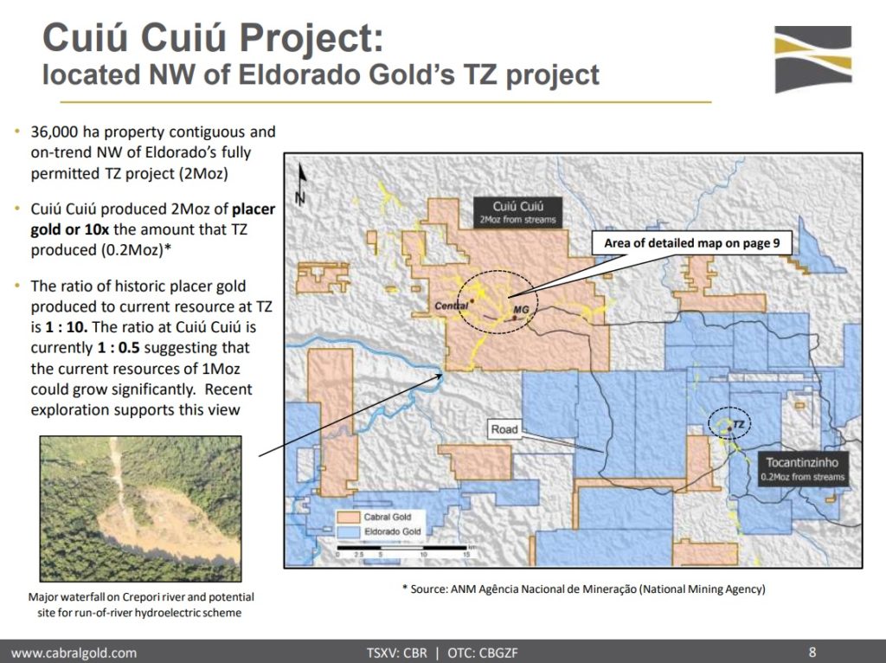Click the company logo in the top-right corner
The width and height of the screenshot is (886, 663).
click(813, 59)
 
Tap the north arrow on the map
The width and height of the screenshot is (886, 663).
click(302, 185)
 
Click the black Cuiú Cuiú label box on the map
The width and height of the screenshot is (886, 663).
click(517, 213)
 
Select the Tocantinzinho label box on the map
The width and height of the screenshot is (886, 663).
click(802, 469)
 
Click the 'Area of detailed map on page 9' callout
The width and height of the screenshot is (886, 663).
click(691, 243)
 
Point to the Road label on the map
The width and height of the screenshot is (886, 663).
click(504, 429)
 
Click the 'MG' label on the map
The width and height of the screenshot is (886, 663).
click(521, 310)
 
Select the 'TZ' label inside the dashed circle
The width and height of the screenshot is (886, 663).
click(739, 424)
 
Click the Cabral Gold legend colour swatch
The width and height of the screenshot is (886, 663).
click(348, 518)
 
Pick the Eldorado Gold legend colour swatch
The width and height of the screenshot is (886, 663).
click(348, 531)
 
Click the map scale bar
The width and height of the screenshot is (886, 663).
click(402, 548)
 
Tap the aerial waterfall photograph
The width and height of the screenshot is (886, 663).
click(141, 509)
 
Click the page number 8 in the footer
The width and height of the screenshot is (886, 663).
click(812, 653)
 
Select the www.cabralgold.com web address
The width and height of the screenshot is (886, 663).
click(74, 653)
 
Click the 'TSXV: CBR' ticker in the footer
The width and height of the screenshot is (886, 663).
click(396, 653)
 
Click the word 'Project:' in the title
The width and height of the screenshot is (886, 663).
click(311, 38)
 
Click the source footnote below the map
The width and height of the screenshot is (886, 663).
click(584, 589)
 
